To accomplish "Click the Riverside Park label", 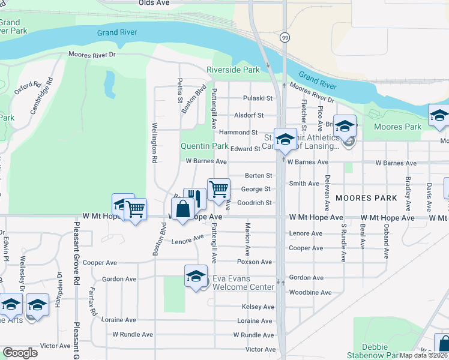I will pos(234,70).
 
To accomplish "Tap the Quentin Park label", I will pos(205,146).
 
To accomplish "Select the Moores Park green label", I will pos(397,127).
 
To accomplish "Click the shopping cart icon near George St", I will pos(219,189).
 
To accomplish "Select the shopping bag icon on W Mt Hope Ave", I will pos(183,209).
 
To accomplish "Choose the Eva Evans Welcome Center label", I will pos(244,283).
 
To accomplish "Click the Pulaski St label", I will pos(258,98).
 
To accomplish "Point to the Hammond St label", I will pos(238,132).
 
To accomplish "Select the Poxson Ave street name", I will pos(255,262).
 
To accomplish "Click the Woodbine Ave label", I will pos(310,293).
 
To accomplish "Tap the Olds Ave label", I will pos(154,3).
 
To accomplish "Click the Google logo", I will pos(19,353).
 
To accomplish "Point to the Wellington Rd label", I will pos(154,143).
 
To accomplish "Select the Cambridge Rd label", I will pos(41,95).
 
